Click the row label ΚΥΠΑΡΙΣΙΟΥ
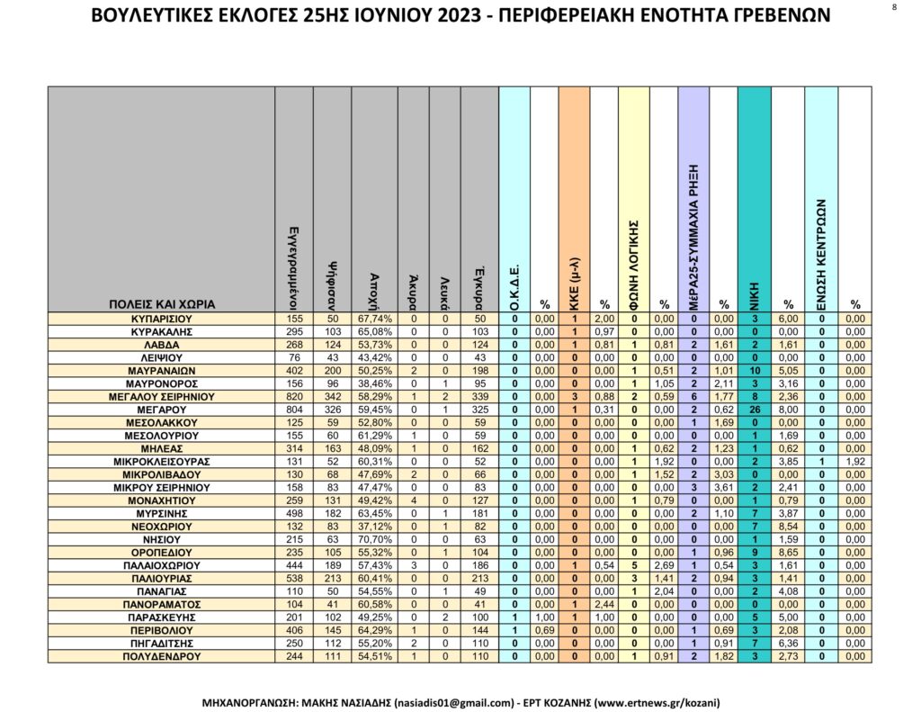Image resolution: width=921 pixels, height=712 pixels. pos(162,319)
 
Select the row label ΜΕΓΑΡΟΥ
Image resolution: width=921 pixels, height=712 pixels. pos(162,410)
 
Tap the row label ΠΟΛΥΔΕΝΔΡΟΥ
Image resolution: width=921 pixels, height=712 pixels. pos(162,657)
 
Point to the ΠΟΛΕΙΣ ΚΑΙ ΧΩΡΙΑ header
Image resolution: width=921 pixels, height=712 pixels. pos(162,304)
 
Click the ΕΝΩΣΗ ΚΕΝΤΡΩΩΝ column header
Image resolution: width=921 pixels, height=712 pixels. pos(821,252)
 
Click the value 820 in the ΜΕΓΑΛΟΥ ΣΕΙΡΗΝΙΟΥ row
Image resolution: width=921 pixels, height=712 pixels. pos(294,396)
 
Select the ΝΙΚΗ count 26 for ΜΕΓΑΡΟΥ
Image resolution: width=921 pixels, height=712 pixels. pos(754,410)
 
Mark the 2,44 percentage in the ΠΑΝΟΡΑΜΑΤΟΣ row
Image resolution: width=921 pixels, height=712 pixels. pos(604,603)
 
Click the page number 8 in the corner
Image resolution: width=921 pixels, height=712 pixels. pos(894,7)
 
